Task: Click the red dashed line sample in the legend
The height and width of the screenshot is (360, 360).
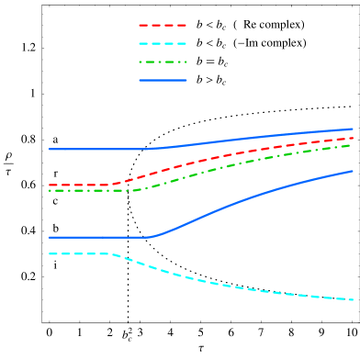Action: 163,25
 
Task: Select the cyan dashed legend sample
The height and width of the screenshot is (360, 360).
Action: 163,43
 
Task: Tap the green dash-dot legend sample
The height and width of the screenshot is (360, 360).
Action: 163,62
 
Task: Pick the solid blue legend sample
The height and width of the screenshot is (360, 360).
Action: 163,80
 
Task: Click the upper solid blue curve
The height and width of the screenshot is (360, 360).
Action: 230,139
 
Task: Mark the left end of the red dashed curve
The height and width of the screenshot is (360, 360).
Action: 50,185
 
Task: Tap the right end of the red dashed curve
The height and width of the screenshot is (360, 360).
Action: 353,138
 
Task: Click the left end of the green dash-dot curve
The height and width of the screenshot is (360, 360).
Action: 50,190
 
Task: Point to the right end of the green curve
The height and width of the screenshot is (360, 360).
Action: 353,144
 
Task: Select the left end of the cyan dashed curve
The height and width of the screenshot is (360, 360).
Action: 50,253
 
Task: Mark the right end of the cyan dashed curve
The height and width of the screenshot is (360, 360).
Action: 353,299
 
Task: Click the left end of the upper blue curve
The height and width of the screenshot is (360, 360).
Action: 50,149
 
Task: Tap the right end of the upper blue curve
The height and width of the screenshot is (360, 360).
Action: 353,129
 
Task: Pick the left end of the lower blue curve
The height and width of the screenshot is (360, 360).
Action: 50,237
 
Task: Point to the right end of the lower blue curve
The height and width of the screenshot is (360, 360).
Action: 353,171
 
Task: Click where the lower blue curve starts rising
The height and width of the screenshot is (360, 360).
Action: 150,236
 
